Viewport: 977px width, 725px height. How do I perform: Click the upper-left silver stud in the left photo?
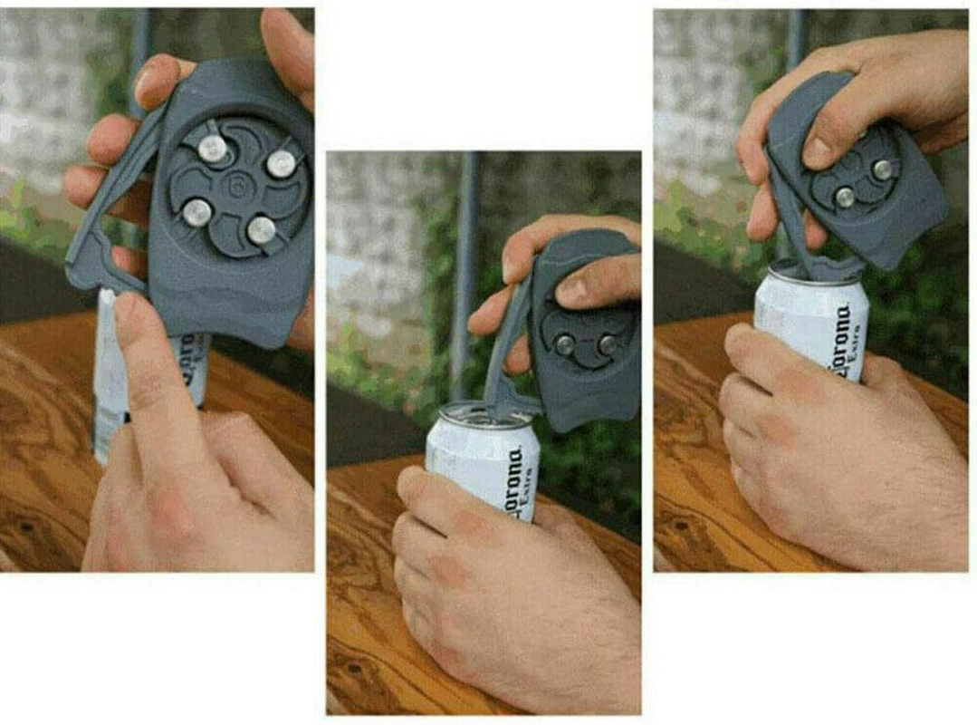point(212,148)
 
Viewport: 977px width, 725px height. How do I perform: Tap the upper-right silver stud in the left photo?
point(282,163)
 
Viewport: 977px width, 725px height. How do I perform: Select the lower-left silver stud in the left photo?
point(196,213)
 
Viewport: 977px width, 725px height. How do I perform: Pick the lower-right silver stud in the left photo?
point(262,230)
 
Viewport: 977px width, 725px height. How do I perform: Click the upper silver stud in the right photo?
point(882,169)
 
